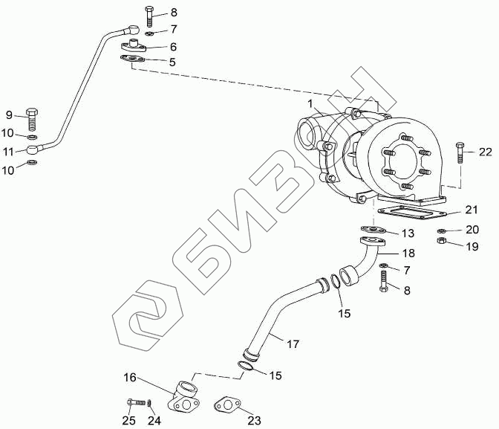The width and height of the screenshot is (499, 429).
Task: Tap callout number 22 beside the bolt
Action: pyautogui.click(x=485, y=152)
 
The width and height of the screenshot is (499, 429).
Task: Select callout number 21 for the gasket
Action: pyautogui.click(x=472, y=209)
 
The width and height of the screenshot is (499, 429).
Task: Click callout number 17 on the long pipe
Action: pyautogui.click(x=293, y=343)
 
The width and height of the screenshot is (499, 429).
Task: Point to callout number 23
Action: pyautogui.click(x=255, y=420)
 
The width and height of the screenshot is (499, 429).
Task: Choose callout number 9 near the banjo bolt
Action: pyautogui.click(x=10, y=114)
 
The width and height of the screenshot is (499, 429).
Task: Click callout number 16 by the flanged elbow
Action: pyautogui.click(x=130, y=378)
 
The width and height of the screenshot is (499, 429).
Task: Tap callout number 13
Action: pyautogui.click(x=408, y=233)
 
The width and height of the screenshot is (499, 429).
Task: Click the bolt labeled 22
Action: pyautogui.click(x=460, y=153)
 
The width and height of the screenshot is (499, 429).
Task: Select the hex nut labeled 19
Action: pyautogui.click(x=440, y=242)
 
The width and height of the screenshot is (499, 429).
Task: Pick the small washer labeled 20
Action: pyautogui.click(x=440, y=230)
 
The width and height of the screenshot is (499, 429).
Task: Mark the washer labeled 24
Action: pyautogui.click(x=149, y=404)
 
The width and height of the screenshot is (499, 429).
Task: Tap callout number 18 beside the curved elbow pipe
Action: pyautogui.click(x=408, y=254)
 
